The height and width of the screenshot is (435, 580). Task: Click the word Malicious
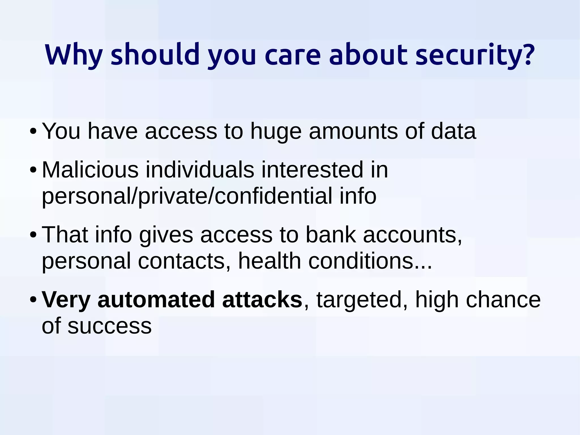point(90,170)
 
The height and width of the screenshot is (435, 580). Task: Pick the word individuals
point(200,170)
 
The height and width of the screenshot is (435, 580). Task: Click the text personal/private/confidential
point(187,196)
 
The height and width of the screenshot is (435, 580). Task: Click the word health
point(269,261)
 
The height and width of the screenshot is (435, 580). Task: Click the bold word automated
point(156,300)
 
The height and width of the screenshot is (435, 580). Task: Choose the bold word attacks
point(262,300)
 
